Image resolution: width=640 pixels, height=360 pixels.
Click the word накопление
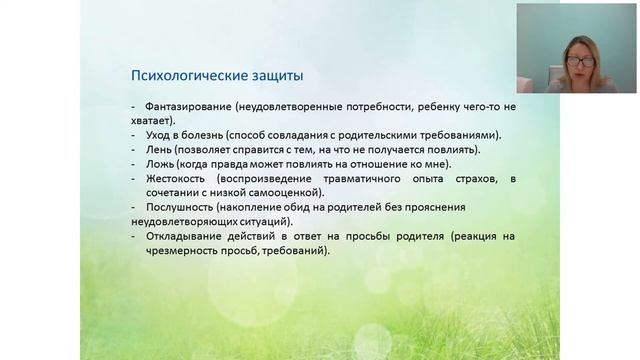pyautogui.click(x=259, y=207)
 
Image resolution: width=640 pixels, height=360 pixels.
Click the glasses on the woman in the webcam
pyautogui.click(x=581, y=61)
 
